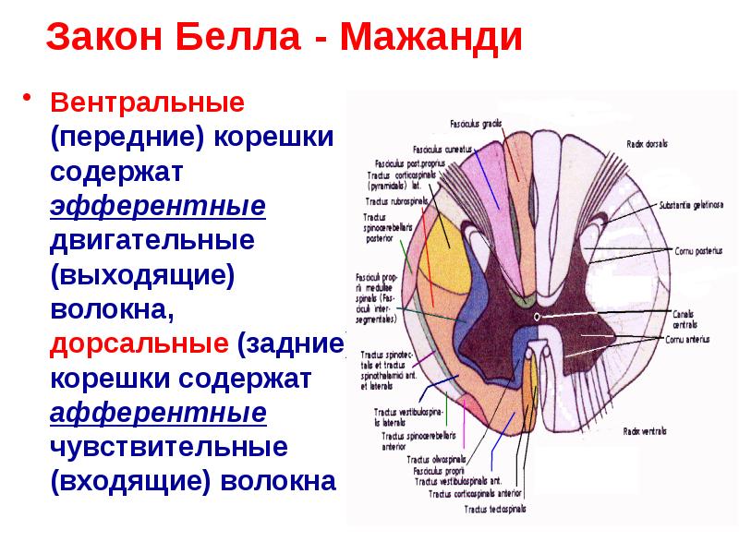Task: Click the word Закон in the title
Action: click(103, 38)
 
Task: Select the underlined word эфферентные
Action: click(158, 206)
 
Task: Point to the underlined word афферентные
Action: click(158, 413)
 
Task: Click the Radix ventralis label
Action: click(645, 431)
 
